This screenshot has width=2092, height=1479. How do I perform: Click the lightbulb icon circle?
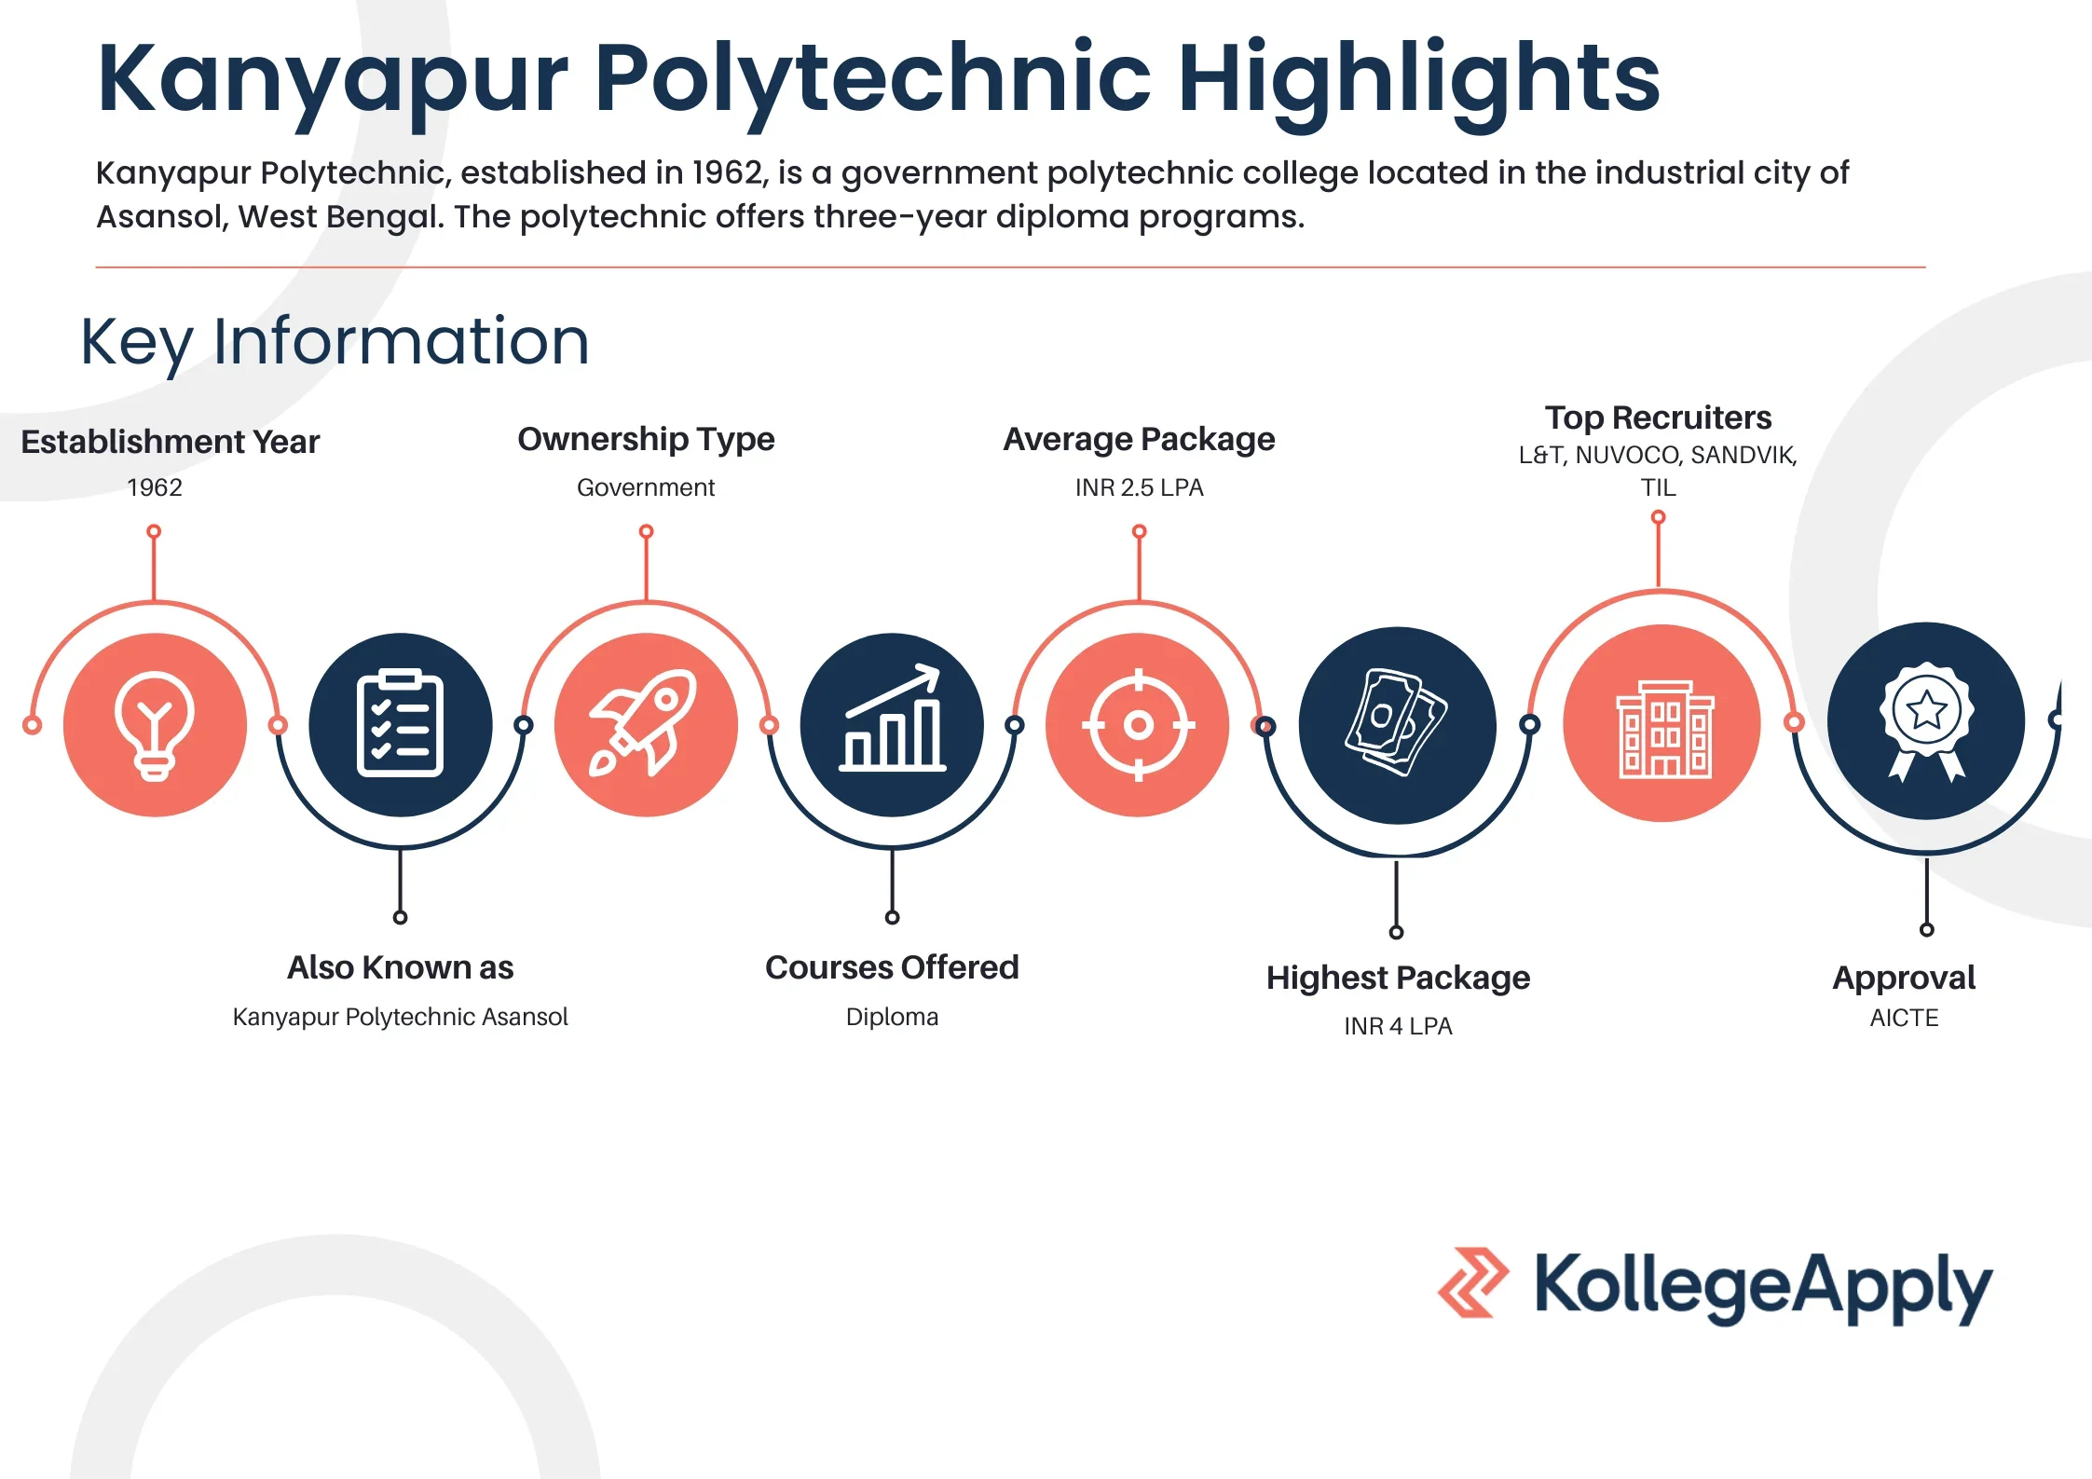tap(155, 724)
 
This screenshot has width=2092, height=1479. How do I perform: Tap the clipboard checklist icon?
tap(400, 724)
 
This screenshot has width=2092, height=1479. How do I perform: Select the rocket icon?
tap(645, 724)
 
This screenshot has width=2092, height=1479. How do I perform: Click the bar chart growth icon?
tap(892, 724)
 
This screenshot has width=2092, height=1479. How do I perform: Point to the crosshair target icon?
tap(1138, 724)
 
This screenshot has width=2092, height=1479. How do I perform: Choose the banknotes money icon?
tap(1396, 724)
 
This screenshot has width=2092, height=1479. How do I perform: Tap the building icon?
tap(1661, 724)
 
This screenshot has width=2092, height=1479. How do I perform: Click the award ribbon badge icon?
tap(1925, 720)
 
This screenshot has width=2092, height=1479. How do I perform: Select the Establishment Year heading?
tap(170, 442)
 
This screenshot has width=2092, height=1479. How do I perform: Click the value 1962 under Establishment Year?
tap(155, 487)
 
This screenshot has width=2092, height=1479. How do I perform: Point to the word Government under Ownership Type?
tap(646, 487)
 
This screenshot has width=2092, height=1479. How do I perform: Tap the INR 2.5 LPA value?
tap(1139, 487)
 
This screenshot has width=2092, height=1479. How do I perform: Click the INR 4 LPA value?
tap(1398, 1026)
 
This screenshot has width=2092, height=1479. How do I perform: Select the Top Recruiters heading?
tap(1658, 418)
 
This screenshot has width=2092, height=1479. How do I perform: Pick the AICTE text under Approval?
tap(1904, 1018)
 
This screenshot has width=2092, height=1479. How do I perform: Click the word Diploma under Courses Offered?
tap(892, 1017)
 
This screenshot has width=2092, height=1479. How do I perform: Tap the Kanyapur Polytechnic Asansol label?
tap(400, 1017)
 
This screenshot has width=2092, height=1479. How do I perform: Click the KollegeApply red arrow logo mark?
tap(1473, 1282)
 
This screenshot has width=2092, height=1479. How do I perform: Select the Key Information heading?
tap(335, 341)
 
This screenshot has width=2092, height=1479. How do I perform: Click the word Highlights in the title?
tap(1418, 79)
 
